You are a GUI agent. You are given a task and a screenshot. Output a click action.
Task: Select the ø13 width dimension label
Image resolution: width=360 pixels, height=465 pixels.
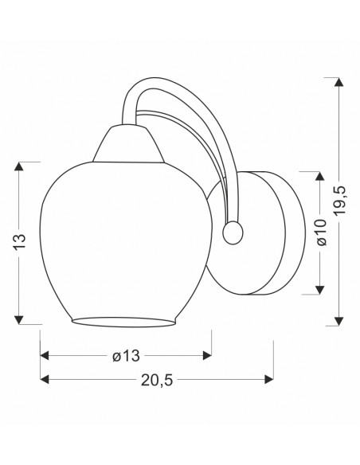tap(126, 356)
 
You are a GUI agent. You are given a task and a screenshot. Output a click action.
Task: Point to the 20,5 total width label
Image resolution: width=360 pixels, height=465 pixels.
tap(156, 380)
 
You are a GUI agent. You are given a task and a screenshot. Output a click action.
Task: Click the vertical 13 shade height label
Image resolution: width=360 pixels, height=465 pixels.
tap(21, 242)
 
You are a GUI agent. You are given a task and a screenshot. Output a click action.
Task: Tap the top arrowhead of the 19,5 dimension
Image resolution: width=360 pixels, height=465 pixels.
tap(338, 81)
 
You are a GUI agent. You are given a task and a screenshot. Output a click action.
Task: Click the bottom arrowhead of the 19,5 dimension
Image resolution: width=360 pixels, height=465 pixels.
tap(338, 321)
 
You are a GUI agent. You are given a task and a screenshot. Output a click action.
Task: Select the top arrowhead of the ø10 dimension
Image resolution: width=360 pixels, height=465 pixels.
tap(319, 176)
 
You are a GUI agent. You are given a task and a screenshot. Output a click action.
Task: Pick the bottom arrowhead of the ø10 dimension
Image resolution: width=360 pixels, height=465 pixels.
tap(319, 290)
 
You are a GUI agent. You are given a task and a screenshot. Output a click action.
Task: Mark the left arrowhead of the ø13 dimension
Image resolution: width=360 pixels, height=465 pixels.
tap(45, 355)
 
